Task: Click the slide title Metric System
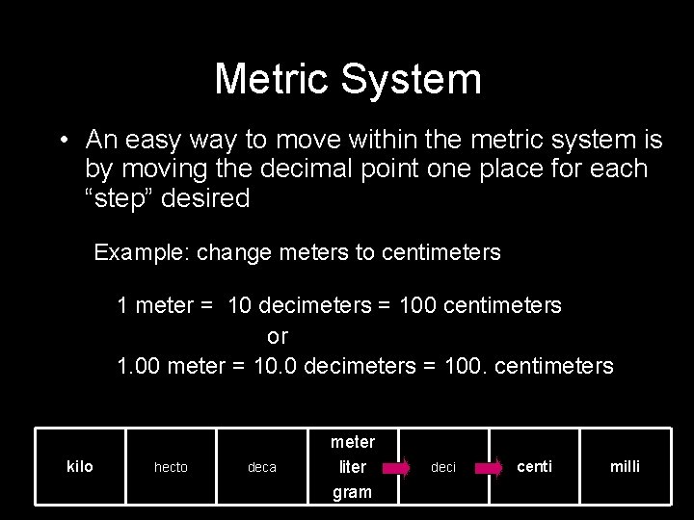pos(347,79)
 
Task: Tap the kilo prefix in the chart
pos(80,466)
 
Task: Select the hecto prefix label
pos(172,467)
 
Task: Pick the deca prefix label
pos(262,467)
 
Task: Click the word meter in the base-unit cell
pos(352,442)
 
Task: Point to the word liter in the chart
pos(352,467)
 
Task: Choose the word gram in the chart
pos(352,492)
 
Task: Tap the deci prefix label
pos(443,467)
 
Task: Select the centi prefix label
pos(535,466)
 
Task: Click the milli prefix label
pos(625,466)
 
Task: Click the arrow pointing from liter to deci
pos(396,469)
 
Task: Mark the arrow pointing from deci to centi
pos(488,469)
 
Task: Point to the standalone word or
pos(278,336)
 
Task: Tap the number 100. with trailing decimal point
pos(467,366)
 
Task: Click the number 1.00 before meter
pos(139,366)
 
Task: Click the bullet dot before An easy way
pos(62,141)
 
